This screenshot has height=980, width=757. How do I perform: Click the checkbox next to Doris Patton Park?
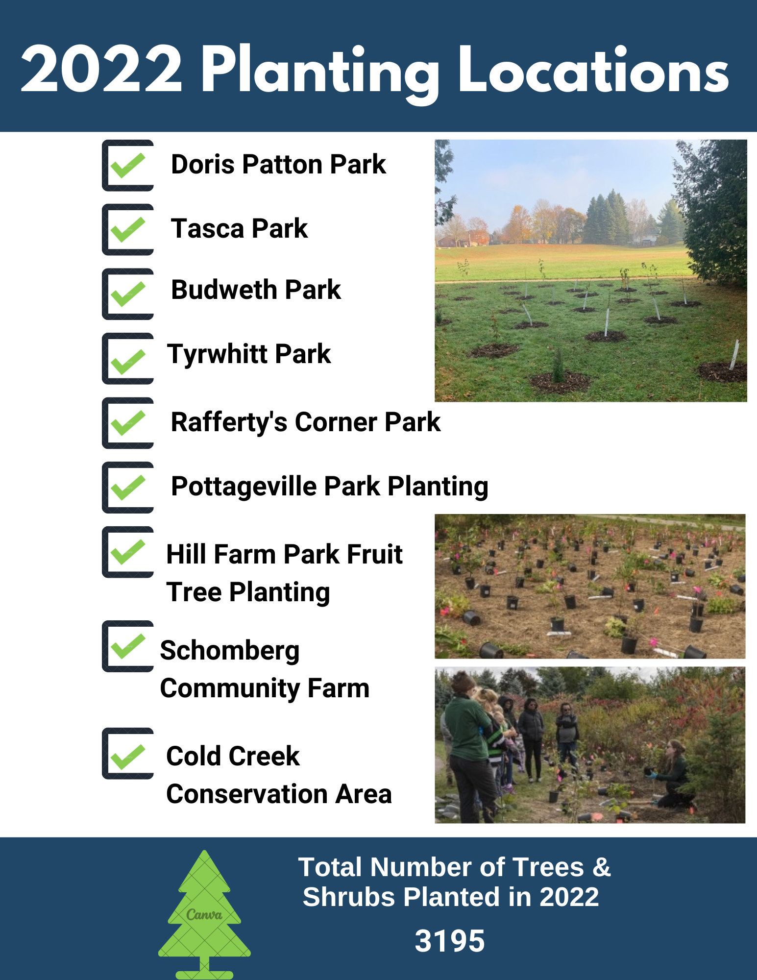[128, 166]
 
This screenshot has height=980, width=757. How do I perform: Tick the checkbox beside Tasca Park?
[128, 230]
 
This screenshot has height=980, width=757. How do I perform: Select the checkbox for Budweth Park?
[128, 294]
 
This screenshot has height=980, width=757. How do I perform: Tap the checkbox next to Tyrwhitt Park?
[128, 359]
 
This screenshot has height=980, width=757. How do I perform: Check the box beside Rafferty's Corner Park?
[128, 423]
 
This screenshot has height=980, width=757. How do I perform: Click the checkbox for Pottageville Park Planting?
[128, 488]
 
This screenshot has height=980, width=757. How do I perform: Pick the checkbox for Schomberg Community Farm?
[128, 646]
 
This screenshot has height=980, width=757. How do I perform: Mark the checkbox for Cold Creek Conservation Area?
[128, 754]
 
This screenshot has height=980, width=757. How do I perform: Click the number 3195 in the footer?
[449, 941]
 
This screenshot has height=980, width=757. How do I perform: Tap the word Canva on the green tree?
[204, 915]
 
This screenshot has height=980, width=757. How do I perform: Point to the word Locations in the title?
[593, 70]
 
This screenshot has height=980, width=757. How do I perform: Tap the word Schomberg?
[230, 651]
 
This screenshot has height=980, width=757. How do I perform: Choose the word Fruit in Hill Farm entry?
[374, 554]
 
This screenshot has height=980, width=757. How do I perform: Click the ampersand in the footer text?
[601, 867]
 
